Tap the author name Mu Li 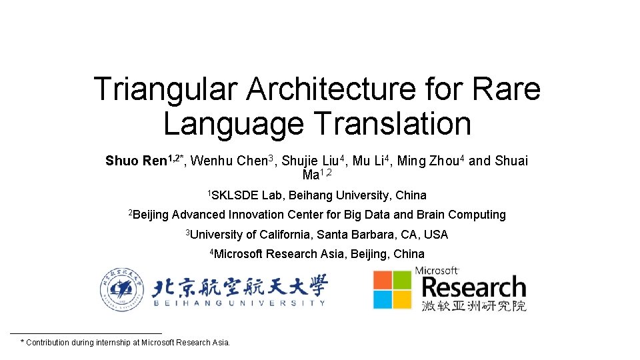pos(367,161)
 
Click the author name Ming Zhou pos(427,161)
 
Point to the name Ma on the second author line pos(311,175)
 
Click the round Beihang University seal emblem pos(121,289)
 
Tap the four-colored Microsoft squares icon pos(392,289)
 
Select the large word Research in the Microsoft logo pos(474,288)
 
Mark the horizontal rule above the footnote pos(87,333)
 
